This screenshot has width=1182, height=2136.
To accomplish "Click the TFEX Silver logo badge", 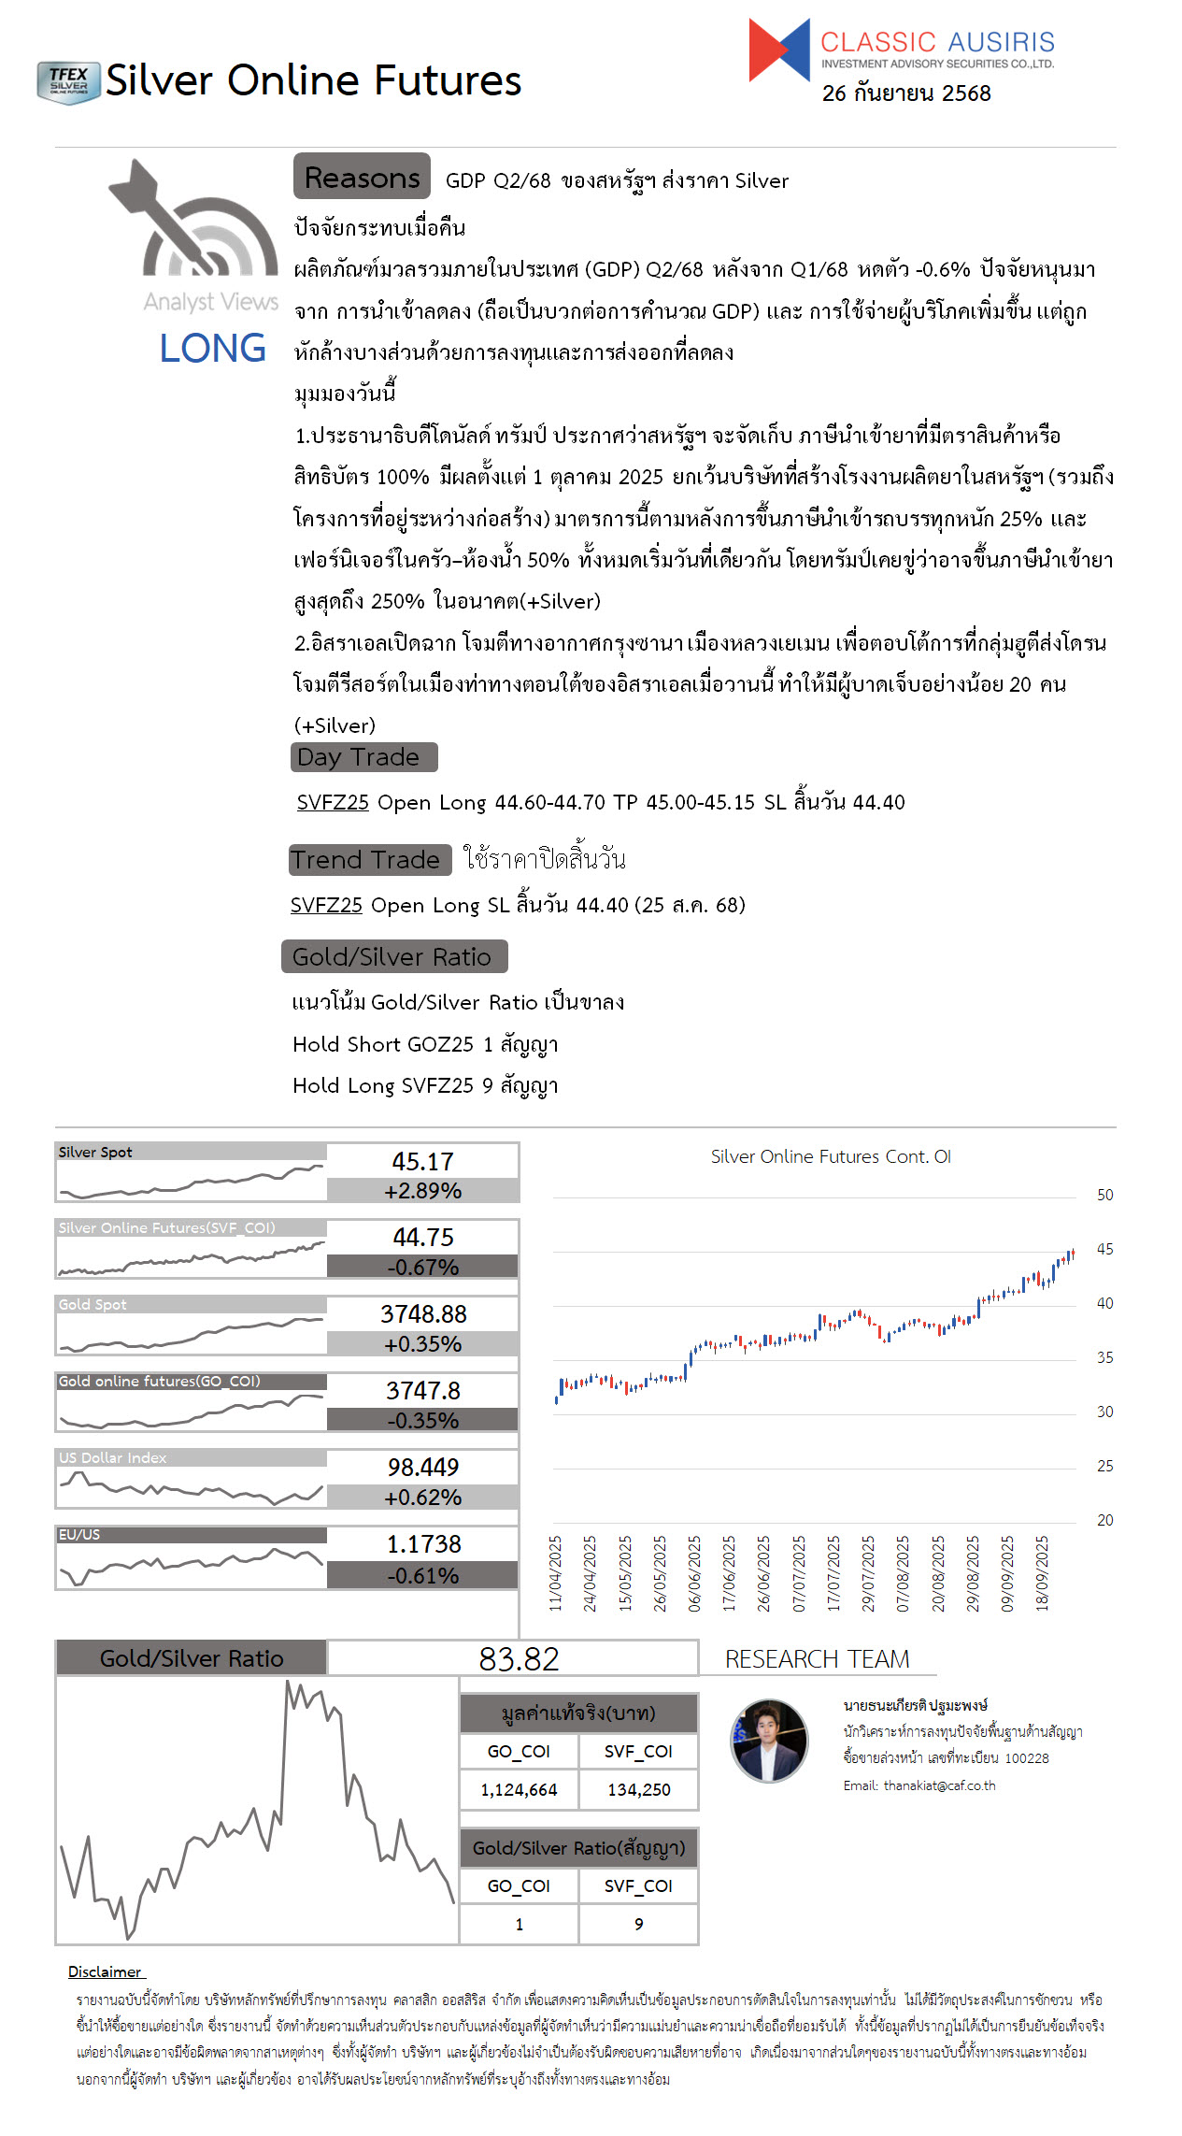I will coord(68,82).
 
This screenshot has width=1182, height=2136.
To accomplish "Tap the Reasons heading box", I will coord(362,177).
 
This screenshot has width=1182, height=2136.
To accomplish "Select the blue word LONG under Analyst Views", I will coord(212,349).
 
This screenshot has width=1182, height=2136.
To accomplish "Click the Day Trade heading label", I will coord(363,757).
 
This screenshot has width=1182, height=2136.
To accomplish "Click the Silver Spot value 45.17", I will coord(422,1161).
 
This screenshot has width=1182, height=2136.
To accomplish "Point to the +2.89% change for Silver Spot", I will coord(422,1191).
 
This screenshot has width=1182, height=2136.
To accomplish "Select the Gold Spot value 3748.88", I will coord(422,1314).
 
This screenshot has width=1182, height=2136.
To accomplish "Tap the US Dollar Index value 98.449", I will coord(422,1468).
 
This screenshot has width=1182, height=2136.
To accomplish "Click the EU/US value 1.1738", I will coord(423,1544).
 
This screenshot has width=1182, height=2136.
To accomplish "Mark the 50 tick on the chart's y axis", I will coord(1104,1195).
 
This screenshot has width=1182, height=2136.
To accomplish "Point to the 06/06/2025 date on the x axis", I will coord(694,1573).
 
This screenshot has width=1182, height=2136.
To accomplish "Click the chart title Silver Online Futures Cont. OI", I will coord(830,1156).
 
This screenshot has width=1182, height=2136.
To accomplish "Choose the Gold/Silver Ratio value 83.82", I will coord(519,1659).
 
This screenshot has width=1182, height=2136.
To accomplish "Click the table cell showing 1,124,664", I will coord(519,1790).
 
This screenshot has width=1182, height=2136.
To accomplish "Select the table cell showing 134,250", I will coord(638,1790).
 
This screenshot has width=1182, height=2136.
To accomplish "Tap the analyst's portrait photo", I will coord(769,1742).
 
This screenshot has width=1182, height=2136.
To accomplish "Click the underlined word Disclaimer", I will coord(105,1971).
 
